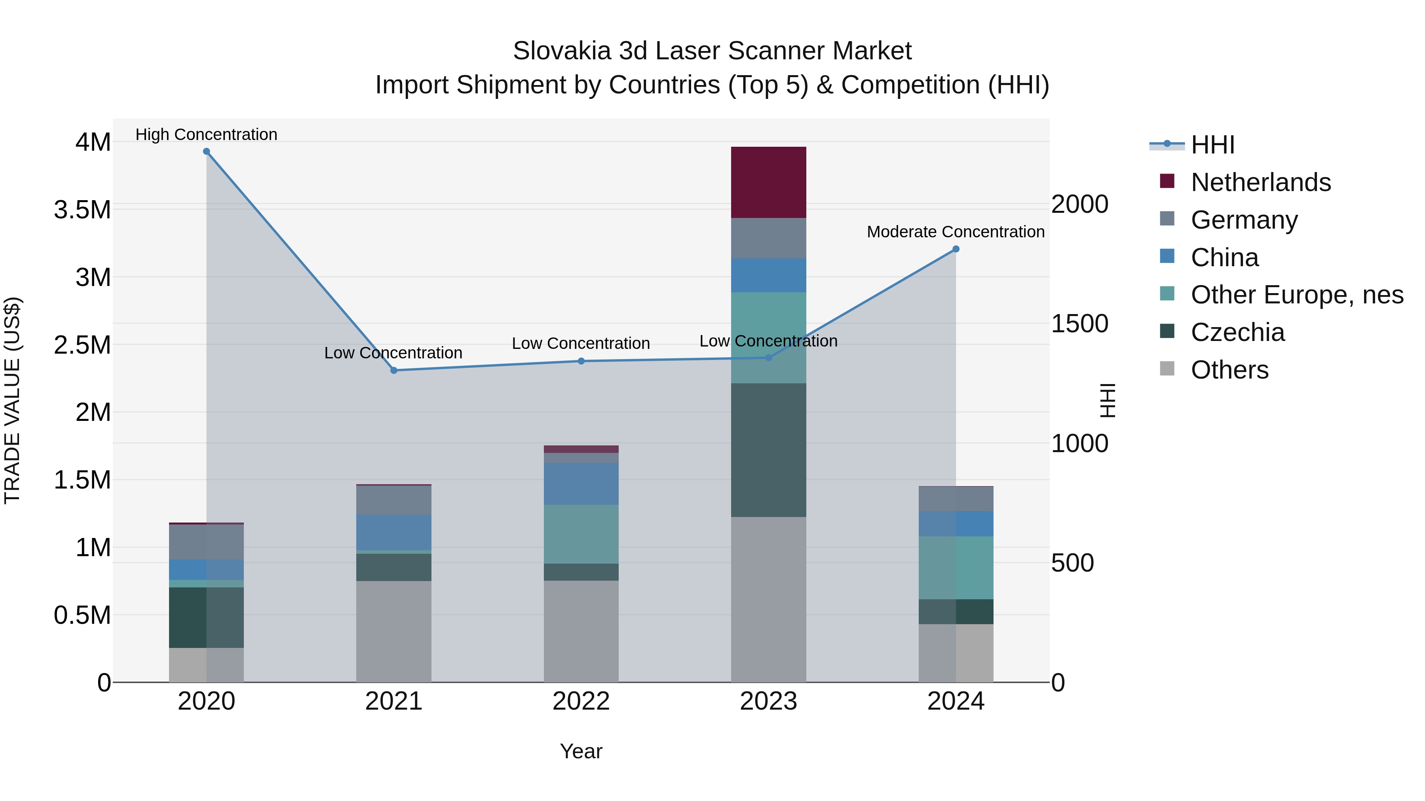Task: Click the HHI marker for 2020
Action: [x=206, y=151]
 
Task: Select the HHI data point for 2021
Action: [x=394, y=370]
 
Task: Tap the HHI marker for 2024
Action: [x=956, y=249]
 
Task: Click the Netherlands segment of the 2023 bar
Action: [x=768, y=182]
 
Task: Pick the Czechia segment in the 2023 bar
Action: [x=768, y=450]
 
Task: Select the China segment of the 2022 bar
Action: [x=581, y=484]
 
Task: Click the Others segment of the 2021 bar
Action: [x=394, y=631]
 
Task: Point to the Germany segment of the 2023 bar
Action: [x=768, y=238]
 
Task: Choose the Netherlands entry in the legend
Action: [x=1260, y=182]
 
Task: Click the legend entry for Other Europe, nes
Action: [x=1296, y=295]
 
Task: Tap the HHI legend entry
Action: [x=1212, y=145]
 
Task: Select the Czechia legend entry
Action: [x=1237, y=332]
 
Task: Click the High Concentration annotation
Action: [x=206, y=134]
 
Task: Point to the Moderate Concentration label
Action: [x=956, y=232]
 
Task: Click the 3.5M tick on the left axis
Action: [x=82, y=210]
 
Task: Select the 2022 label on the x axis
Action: [x=581, y=701]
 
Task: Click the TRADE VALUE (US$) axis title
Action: [x=12, y=400]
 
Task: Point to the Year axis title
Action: [x=581, y=751]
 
